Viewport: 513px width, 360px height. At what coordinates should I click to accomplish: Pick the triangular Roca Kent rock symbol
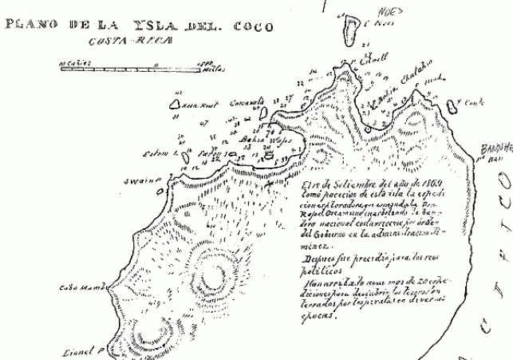(x=175, y=103)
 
